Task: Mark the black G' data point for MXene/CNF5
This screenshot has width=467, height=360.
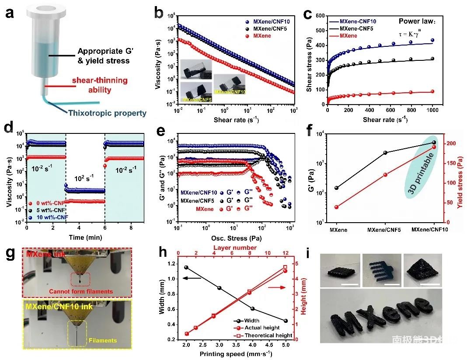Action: point(385,153)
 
